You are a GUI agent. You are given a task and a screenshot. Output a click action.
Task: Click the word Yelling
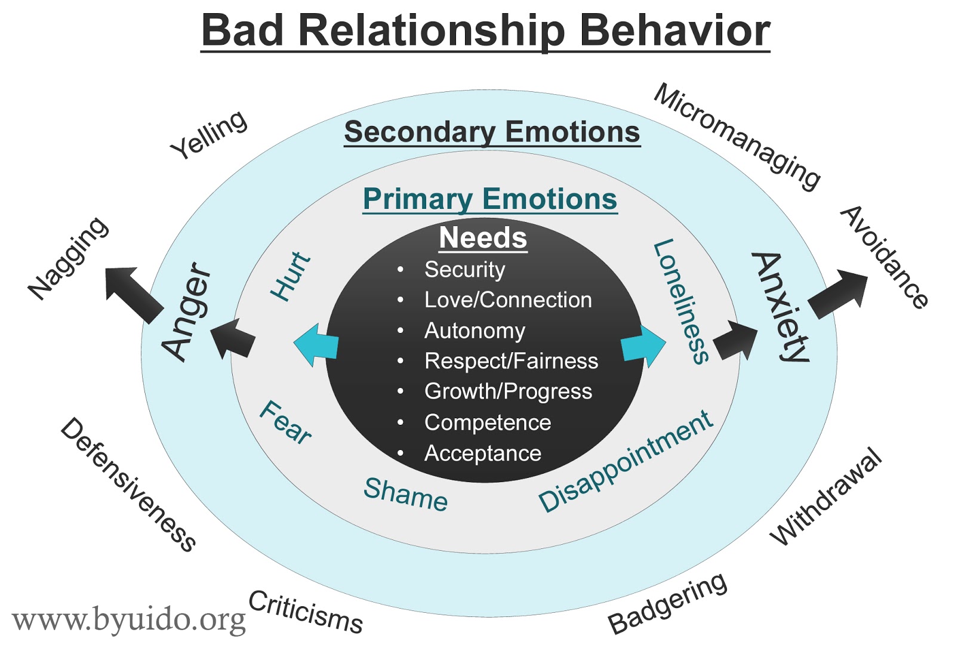(x=208, y=135)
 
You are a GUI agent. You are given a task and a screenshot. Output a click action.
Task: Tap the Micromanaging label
(x=737, y=136)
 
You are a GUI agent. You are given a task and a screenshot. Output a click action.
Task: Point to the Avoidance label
(x=884, y=257)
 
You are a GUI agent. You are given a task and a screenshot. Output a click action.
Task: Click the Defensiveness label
(x=128, y=484)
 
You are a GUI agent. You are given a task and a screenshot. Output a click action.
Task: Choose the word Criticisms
(x=305, y=612)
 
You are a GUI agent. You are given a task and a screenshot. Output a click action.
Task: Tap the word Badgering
(x=667, y=603)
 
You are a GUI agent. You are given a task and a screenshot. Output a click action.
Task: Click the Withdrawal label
(x=825, y=496)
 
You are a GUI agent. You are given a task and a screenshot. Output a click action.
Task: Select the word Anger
(x=187, y=311)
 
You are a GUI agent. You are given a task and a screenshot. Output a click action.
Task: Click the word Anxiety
(x=782, y=307)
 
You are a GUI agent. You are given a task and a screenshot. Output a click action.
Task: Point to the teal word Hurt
(x=291, y=276)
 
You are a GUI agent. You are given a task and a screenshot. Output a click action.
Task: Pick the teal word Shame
(x=405, y=494)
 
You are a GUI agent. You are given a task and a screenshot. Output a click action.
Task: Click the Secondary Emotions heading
(x=492, y=132)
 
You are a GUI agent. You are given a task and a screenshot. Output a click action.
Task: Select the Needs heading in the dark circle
(x=483, y=237)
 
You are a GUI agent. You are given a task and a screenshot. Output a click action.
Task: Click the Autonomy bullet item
(x=475, y=331)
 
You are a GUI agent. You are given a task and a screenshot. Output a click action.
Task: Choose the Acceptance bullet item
(x=482, y=453)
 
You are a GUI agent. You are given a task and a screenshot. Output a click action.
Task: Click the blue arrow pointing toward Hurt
(x=315, y=345)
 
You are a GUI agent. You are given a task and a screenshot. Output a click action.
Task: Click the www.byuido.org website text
(x=128, y=620)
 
